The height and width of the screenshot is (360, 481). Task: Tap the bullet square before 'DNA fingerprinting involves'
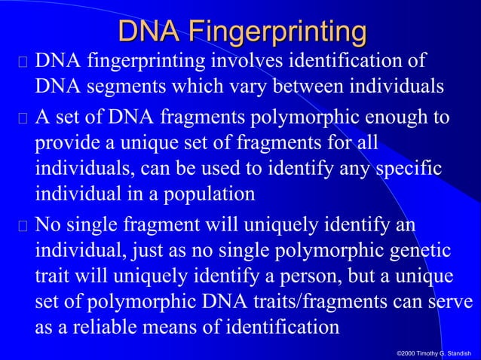23,61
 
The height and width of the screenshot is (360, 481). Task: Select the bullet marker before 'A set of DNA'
23,119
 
